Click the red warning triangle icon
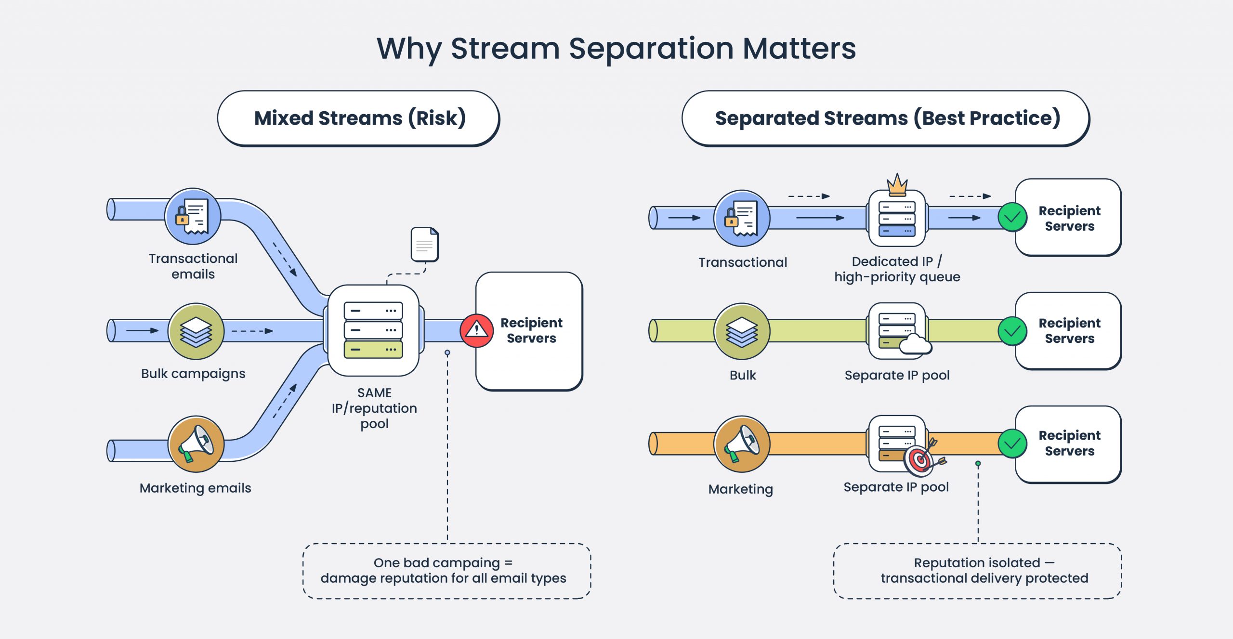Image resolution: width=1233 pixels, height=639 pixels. point(476,330)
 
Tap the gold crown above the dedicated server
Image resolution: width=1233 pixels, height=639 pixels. point(897,185)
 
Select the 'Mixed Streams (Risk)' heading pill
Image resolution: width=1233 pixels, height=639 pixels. point(359,118)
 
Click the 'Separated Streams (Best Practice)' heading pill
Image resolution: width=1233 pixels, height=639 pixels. point(886,118)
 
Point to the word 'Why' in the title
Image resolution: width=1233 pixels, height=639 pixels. point(409,49)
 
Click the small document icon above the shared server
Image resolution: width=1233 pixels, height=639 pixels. point(425,245)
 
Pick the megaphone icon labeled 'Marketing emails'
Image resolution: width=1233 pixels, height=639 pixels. point(196,444)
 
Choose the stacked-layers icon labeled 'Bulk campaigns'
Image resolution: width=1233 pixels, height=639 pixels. point(196,331)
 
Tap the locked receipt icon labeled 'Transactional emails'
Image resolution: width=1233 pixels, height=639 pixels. point(193,216)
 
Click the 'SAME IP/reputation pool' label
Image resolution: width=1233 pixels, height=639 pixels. point(374,408)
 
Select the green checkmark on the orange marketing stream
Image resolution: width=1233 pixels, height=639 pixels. point(1012,443)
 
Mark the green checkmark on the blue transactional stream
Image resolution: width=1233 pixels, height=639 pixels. point(1012,218)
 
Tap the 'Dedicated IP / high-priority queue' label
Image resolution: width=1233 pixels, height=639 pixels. point(897,269)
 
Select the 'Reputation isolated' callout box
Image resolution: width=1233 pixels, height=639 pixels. point(978,571)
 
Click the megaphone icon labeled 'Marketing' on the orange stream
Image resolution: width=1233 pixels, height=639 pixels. point(742,444)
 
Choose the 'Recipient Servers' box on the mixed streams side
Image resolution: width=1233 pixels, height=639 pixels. point(530,331)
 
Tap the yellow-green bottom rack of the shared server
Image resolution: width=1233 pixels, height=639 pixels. point(373,349)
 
